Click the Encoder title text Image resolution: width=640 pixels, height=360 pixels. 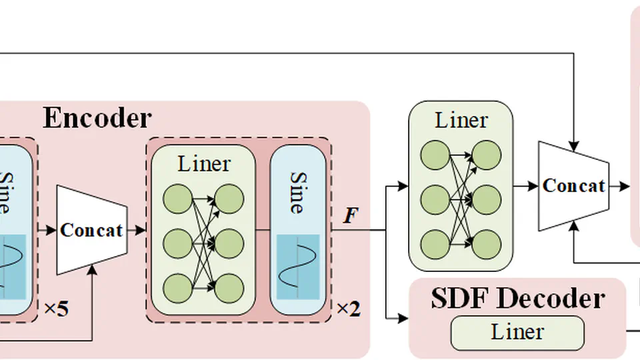(x=97, y=118)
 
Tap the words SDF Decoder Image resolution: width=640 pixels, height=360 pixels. (x=517, y=299)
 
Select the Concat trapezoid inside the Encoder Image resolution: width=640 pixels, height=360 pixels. (x=91, y=230)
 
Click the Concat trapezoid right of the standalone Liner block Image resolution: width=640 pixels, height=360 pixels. (x=573, y=185)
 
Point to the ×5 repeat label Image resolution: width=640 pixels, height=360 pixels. (x=56, y=309)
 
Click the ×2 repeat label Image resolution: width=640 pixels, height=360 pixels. (x=348, y=309)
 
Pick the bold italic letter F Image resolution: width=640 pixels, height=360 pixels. (x=349, y=216)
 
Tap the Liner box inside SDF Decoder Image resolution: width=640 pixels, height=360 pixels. (x=517, y=333)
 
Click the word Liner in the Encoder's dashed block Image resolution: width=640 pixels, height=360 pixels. (x=204, y=163)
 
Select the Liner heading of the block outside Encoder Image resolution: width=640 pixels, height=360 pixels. (x=461, y=121)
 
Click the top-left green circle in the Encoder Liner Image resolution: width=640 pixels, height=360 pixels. (x=177, y=198)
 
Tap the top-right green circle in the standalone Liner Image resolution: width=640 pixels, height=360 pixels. (x=487, y=155)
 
